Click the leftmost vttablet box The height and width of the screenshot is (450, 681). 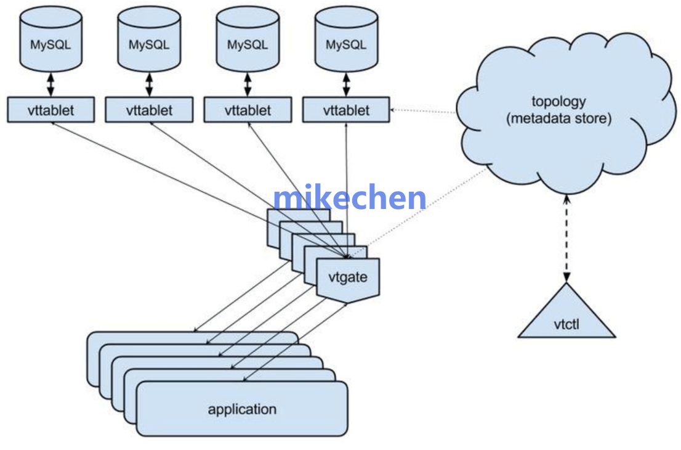[50, 110]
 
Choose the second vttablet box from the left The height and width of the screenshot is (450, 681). [149, 110]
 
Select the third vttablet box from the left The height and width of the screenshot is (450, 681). [248, 110]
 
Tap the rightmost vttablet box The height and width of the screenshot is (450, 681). [346, 110]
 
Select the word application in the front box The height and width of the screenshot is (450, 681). [242, 409]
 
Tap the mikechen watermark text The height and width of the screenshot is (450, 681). [349, 198]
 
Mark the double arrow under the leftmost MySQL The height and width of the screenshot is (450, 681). [50, 82]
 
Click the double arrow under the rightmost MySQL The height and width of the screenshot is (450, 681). [346, 82]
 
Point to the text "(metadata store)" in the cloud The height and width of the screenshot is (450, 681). [558, 118]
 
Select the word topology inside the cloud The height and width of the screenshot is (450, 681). [558, 101]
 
